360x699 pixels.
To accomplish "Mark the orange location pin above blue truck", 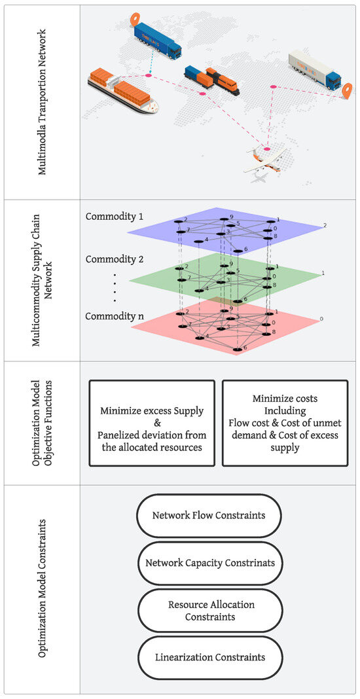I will tap(135, 19).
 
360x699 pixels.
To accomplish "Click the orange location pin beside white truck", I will tap(346, 90).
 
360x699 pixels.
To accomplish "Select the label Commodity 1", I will tap(115, 216).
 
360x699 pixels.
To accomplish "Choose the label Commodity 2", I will tap(115, 259).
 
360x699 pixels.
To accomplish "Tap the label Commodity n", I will tap(115, 316).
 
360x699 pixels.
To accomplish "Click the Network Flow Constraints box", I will tap(209, 515).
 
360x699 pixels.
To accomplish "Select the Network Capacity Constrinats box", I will tap(209, 563).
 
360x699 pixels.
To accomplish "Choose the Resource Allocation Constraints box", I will tap(209, 611).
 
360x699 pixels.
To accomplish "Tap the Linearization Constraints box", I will tap(209, 657).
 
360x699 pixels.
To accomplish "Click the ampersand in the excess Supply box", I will tap(151, 423).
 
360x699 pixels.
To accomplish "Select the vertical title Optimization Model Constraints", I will tap(43, 589).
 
